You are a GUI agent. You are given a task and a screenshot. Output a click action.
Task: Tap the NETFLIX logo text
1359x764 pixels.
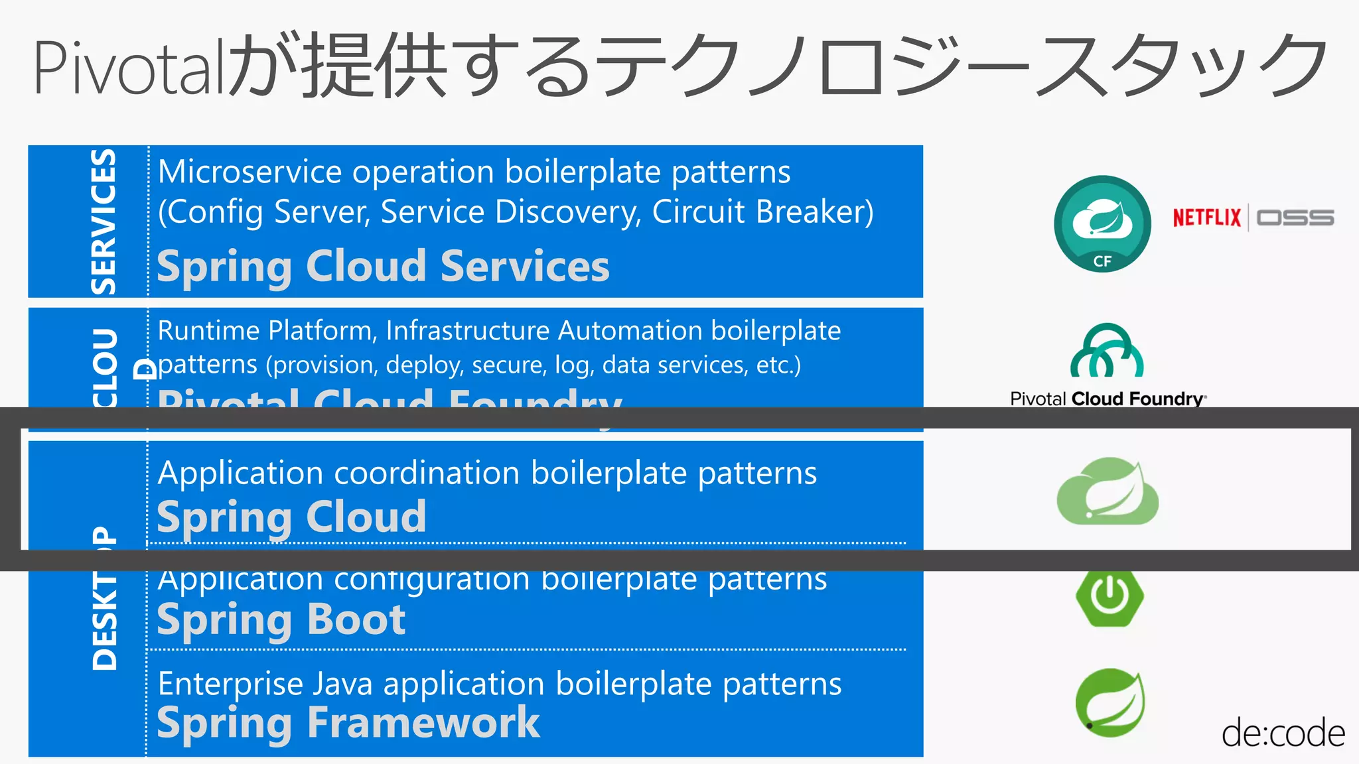pyautogui.click(x=1206, y=218)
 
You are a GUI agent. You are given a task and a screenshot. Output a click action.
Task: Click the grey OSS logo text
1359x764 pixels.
pyautogui.click(x=1295, y=218)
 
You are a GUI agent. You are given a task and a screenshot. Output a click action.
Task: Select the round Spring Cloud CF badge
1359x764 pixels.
pyautogui.click(x=1102, y=223)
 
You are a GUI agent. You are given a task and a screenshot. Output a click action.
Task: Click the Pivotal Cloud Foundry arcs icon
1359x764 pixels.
pyautogui.click(x=1107, y=351)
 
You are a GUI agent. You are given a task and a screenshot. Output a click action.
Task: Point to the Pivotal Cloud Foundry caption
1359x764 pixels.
pyautogui.click(x=1107, y=399)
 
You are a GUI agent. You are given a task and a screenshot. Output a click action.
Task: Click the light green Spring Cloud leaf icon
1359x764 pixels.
pyautogui.click(x=1107, y=491)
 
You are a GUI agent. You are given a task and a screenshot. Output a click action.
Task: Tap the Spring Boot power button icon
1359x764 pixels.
pyautogui.click(x=1109, y=596)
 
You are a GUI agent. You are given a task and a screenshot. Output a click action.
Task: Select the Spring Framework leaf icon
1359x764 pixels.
pyautogui.click(x=1109, y=702)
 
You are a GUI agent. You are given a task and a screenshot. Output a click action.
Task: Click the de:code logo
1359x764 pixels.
pyautogui.click(x=1282, y=733)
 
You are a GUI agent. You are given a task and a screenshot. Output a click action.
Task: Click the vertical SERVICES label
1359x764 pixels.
pyautogui.click(x=104, y=222)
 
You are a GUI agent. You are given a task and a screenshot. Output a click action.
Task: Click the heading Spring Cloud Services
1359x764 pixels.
pyautogui.click(x=383, y=267)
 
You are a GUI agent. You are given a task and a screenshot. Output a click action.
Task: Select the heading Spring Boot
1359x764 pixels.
pyautogui.click(x=281, y=620)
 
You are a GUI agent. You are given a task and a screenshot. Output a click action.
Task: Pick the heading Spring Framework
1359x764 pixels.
pyautogui.click(x=348, y=722)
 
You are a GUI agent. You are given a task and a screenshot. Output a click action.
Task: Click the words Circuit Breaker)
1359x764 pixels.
pyautogui.click(x=762, y=212)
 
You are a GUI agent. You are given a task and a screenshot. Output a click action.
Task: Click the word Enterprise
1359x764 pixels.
pyautogui.click(x=230, y=684)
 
